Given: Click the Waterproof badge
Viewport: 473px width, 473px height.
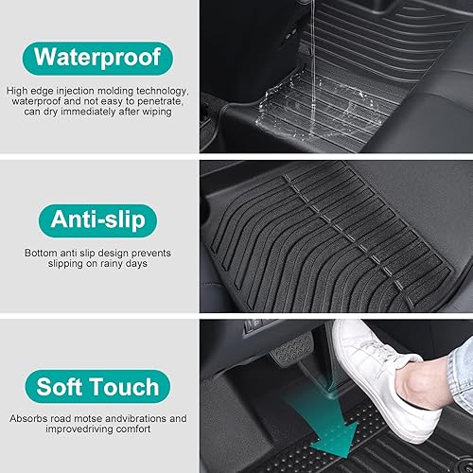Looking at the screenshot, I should [97, 56].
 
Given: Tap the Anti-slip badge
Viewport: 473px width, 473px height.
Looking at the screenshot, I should [97, 220].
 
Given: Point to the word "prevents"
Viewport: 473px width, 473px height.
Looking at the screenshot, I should [149, 254].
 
